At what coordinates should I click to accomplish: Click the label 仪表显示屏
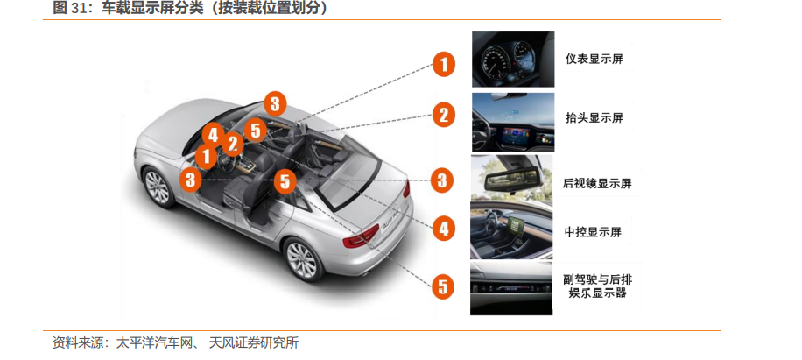click(594, 59)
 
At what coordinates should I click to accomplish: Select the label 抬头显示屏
click(594, 118)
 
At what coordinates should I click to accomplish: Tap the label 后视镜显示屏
click(597, 182)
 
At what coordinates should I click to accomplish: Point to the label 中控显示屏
click(593, 232)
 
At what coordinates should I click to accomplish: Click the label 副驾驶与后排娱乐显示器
click(597, 286)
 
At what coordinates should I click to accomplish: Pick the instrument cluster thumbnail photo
click(513, 59)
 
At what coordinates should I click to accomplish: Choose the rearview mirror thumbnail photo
click(511, 178)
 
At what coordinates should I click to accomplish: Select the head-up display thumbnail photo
click(513, 123)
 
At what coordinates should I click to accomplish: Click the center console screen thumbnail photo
click(511, 230)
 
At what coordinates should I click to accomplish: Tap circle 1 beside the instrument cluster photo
click(443, 65)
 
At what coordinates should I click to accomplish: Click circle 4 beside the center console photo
click(443, 228)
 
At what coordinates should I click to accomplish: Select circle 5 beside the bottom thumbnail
click(443, 286)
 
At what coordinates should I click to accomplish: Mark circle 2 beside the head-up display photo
click(443, 115)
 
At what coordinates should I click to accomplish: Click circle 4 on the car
click(214, 135)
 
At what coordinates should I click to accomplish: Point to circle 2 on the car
click(232, 144)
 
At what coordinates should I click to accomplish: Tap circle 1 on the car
click(206, 156)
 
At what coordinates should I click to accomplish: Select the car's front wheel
click(158, 187)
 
